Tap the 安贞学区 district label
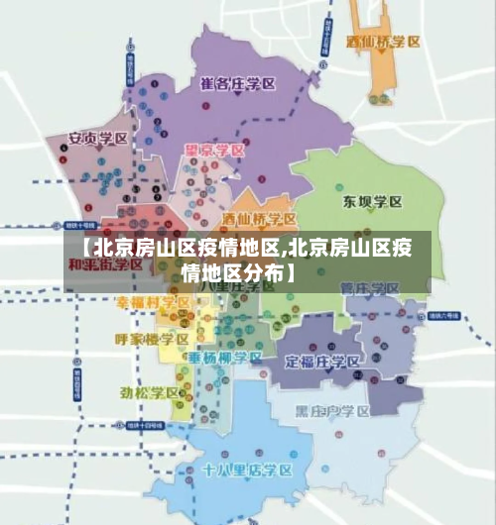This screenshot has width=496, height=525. [96, 139]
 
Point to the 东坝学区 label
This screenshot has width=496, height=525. [372, 202]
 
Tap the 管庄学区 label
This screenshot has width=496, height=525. [369, 288]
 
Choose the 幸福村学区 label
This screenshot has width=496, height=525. [153, 301]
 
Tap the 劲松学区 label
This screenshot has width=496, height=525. [150, 392]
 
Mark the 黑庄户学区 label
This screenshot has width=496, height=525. [331, 410]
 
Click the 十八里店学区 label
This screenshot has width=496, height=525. [247, 469]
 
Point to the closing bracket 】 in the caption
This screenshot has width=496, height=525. [291, 268]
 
